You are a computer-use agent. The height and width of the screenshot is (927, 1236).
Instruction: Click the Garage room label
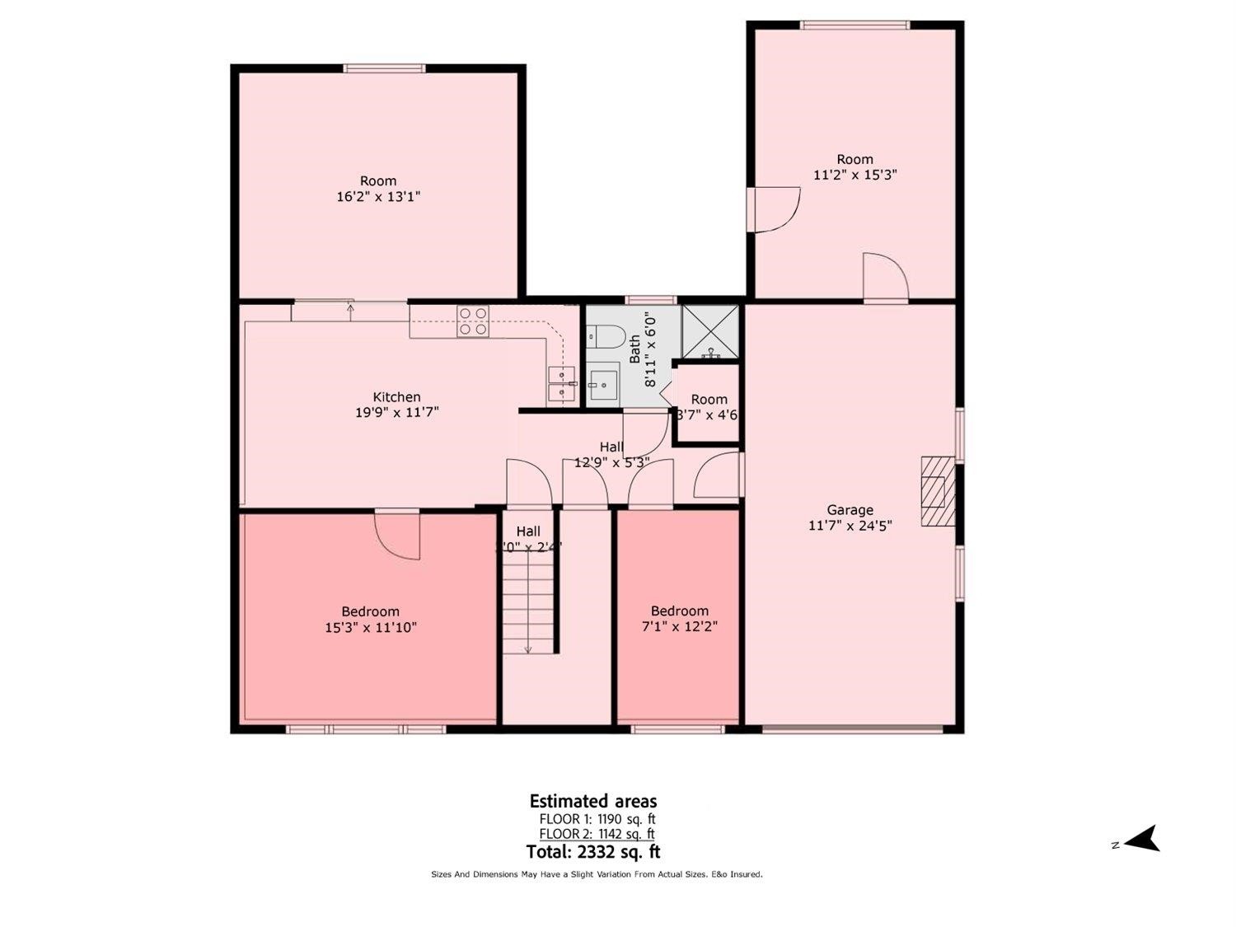tap(850, 510)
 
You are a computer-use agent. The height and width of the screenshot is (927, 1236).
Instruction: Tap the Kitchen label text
tap(396, 397)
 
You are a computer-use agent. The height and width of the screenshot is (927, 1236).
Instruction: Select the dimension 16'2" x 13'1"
tap(379, 197)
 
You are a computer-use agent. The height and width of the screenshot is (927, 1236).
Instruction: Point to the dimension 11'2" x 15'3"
tap(854, 175)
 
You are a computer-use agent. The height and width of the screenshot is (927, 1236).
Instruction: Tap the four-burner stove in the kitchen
tap(473, 321)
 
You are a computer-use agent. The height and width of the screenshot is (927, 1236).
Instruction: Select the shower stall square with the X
tap(710, 332)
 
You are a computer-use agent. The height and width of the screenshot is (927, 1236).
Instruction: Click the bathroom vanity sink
tap(604, 383)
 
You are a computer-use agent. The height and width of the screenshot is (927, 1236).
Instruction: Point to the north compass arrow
tap(1142, 840)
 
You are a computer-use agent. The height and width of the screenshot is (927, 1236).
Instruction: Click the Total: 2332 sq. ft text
tap(593, 852)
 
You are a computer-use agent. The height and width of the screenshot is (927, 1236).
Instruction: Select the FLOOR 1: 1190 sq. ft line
tap(597, 819)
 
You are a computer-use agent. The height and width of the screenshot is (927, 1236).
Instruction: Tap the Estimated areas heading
tap(593, 801)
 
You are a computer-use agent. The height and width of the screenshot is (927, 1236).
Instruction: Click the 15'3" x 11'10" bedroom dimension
tap(371, 628)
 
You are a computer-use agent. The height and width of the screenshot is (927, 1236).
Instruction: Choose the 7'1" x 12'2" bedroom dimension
tap(679, 627)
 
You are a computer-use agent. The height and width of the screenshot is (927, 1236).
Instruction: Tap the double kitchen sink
tap(562, 384)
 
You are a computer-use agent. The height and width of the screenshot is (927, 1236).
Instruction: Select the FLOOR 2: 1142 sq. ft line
tap(597, 835)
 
